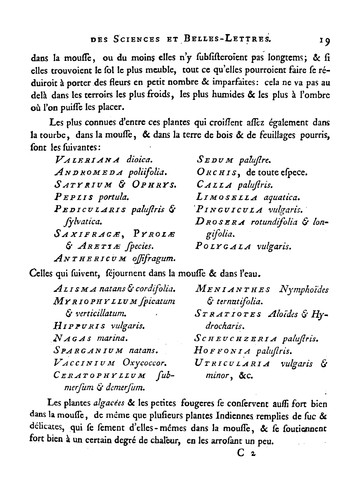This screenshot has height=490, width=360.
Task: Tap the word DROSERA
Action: pyautogui.click(x=221, y=222)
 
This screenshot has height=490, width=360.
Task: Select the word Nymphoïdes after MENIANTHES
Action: pyautogui.click(x=304, y=290)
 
